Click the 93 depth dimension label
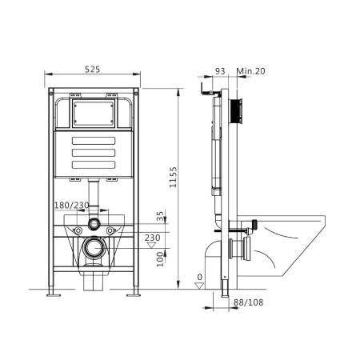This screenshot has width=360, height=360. [219, 71]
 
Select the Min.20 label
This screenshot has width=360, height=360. [250, 71]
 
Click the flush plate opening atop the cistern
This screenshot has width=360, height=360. [94, 113]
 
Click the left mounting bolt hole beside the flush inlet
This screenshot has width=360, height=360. [78, 232]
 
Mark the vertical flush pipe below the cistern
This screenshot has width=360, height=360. [94, 196]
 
